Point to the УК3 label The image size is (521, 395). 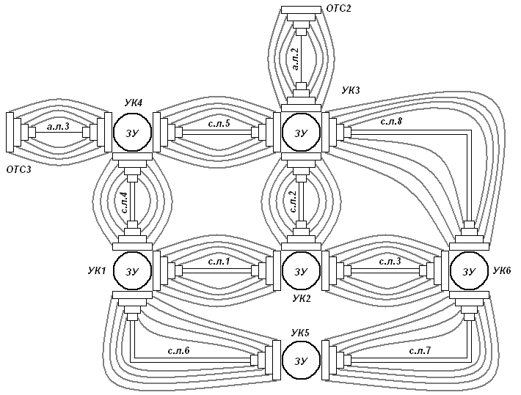click(x=351, y=91)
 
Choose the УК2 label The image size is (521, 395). click(x=302, y=298)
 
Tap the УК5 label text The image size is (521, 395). click(x=301, y=332)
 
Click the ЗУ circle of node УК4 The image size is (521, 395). click(x=131, y=133)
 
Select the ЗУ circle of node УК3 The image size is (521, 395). click(x=301, y=133)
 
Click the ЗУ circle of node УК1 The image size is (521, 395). click(x=131, y=270)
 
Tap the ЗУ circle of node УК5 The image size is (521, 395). click(x=301, y=361)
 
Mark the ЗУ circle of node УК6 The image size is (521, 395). click(x=469, y=270)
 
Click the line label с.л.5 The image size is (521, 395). click(x=219, y=124)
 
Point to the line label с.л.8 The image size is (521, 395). click(x=391, y=121)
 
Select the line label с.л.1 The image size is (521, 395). click(x=219, y=261)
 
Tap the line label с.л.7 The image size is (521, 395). click(x=421, y=351)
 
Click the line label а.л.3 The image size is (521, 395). click(x=58, y=126)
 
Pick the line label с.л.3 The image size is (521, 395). click(x=390, y=261)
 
